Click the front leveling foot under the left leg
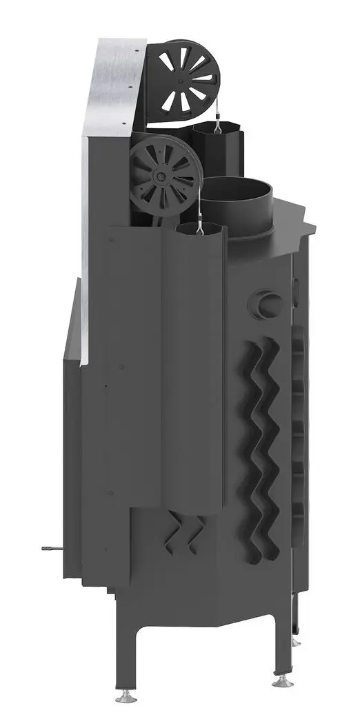(126, 698)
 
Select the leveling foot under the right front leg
(281, 680)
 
